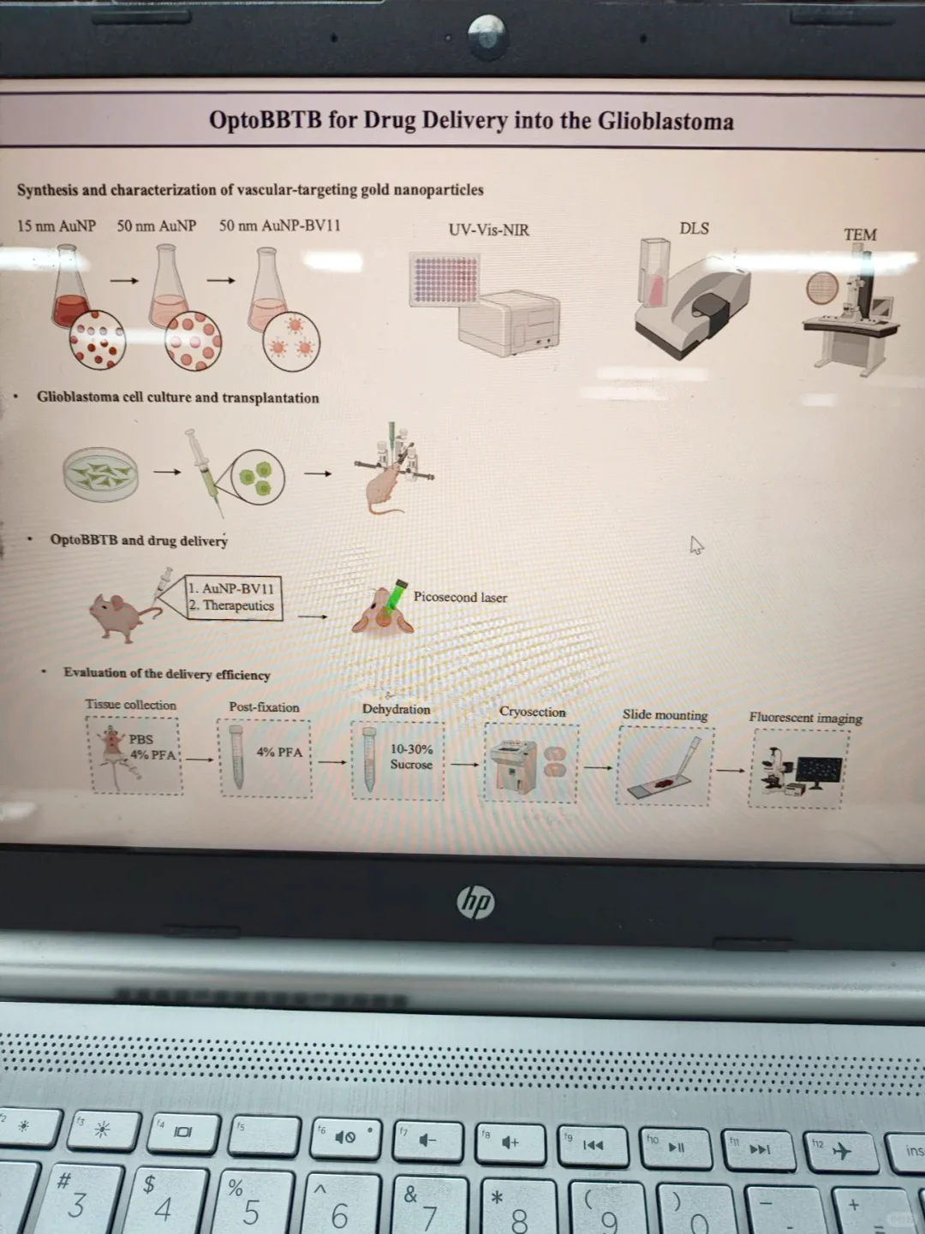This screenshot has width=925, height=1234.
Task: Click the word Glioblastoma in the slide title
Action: pos(665,121)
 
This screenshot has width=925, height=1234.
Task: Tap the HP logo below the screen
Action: pos(475,902)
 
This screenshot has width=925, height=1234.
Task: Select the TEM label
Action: pos(860,235)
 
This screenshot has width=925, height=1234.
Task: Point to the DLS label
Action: pos(694,229)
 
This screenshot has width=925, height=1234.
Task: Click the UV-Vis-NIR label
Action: pos(489,230)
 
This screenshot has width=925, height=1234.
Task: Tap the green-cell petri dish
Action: pos(100,474)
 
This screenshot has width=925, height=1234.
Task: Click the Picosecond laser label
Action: pos(460,597)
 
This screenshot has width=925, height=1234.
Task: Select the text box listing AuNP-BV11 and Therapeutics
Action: pos(233,598)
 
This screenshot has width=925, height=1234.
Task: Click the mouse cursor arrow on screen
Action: pos(696,545)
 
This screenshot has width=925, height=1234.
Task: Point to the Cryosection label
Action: pos(532,712)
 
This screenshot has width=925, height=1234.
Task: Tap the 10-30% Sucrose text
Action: pos(411,757)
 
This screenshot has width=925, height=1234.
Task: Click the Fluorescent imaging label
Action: pos(805,718)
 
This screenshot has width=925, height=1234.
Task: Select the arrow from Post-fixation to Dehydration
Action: pos(332,762)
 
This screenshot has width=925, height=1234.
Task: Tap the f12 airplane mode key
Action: pos(841,1151)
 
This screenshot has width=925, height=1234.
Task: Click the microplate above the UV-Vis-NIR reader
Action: pos(445,279)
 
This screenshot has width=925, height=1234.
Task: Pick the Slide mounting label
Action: pos(665,715)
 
